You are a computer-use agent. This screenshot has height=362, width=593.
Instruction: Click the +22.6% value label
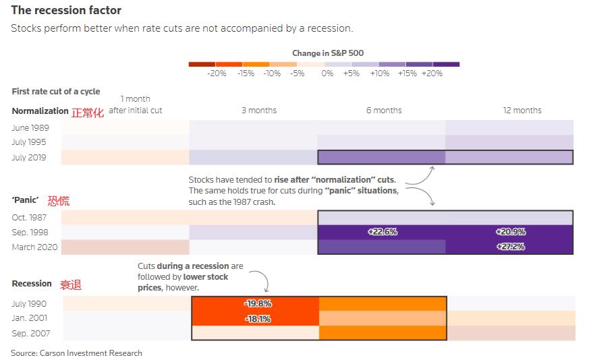pos(383,232)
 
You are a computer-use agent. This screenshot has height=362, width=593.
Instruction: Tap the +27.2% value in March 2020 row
pos(509,247)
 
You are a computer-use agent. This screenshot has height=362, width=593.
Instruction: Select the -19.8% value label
pos(257,303)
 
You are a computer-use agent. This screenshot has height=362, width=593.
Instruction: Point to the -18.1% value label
pos(257,319)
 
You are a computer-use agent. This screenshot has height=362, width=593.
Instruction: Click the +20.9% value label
pos(509,232)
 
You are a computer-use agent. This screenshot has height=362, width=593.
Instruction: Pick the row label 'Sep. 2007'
pos(31,334)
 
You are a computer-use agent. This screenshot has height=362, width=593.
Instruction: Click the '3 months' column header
pos(259,111)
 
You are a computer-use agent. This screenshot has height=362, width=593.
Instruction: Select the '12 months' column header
pos(522,111)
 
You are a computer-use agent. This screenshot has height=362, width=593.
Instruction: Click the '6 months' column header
pos(384,111)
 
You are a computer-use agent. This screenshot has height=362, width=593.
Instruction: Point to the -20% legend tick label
pos(217,73)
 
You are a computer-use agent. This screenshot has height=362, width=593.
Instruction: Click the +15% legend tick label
pos(407,73)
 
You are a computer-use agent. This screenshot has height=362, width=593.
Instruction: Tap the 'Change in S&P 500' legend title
pos(328,53)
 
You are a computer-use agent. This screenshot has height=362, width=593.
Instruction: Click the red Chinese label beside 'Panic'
pos(58,202)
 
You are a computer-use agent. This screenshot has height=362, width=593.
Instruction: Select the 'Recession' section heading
pos(32,284)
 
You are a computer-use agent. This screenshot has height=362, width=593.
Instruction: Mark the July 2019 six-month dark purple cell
pos(381,157)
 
